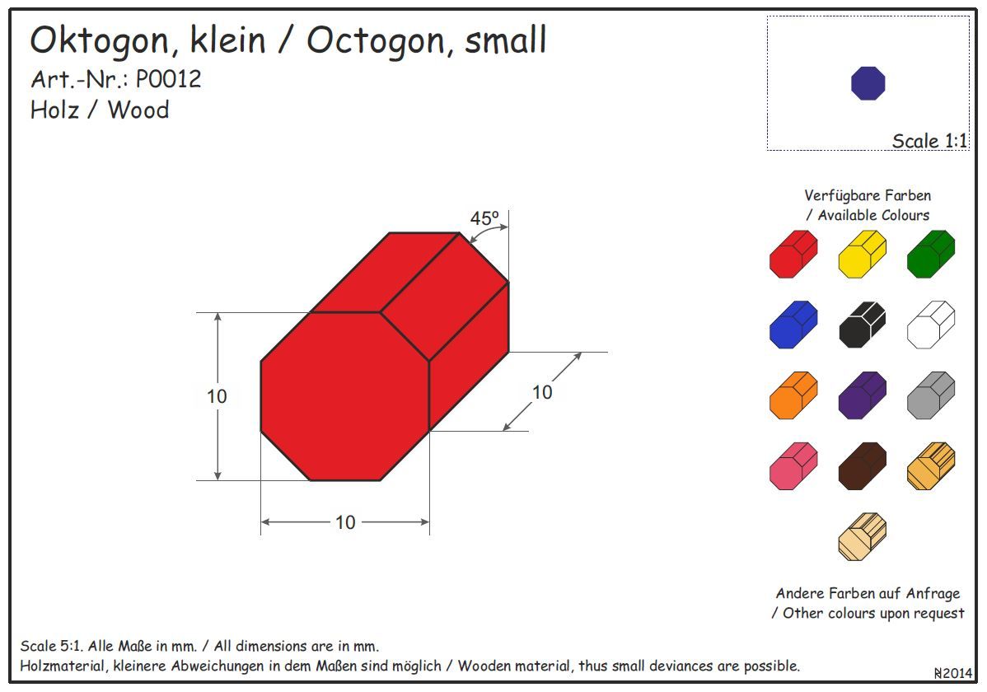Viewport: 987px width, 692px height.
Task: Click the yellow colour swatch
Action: (x=862, y=255)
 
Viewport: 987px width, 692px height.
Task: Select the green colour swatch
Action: (x=931, y=255)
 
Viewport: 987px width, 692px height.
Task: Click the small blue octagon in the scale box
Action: (x=868, y=83)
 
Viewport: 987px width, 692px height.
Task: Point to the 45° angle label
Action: (x=484, y=218)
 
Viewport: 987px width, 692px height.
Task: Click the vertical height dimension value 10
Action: (x=217, y=396)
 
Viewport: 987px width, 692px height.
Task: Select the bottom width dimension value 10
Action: (x=345, y=522)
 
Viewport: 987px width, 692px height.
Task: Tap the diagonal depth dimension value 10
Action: (x=542, y=392)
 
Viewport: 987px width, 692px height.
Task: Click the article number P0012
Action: (x=168, y=79)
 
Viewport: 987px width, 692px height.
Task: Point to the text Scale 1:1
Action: (x=929, y=141)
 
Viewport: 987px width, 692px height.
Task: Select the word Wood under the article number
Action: (x=138, y=110)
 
